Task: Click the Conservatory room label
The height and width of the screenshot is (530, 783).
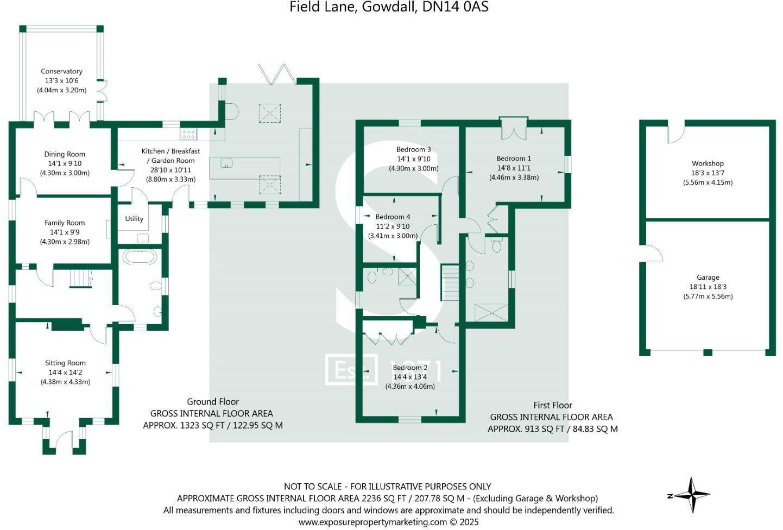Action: coord(61,71)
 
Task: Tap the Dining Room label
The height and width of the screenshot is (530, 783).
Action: coord(65,154)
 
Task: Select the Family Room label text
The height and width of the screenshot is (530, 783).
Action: coord(65,223)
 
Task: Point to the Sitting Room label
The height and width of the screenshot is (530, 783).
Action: coord(65,363)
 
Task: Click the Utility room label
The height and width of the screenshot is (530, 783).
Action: coord(134,219)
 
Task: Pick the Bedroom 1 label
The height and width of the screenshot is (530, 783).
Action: coord(514,159)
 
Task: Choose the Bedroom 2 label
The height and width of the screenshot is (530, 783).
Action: coord(410,368)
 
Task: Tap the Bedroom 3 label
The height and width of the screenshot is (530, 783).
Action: coord(413,149)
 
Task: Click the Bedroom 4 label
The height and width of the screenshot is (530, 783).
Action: coord(393,217)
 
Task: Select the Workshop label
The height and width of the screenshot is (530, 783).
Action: coord(708,163)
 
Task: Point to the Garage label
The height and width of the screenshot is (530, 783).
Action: coord(708,277)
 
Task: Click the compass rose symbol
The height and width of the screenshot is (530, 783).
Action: coord(692,495)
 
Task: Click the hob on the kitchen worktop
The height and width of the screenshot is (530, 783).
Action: coord(188,134)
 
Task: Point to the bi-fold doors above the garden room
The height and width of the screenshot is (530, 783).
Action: coord(277,74)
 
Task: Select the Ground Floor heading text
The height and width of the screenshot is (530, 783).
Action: coord(213,401)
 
